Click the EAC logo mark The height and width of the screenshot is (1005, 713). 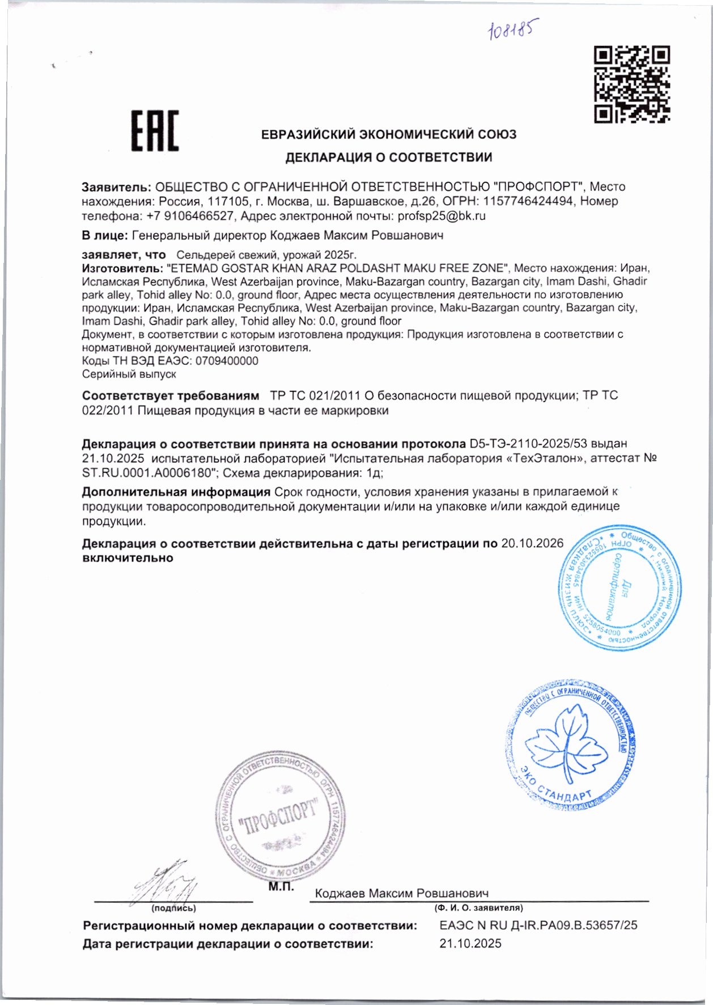click(155, 131)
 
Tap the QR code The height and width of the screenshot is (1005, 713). click(631, 84)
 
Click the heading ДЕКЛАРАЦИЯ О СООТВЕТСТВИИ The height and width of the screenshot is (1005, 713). click(388, 157)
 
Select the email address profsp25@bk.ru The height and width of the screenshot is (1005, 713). click(442, 216)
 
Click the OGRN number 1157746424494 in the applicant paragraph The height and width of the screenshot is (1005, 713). click(528, 201)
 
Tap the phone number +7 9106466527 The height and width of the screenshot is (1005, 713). click(190, 216)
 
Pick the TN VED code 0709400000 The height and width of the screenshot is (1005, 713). click(227, 361)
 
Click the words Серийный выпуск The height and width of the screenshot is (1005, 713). click(129, 374)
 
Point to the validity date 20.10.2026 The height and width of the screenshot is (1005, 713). click(532, 543)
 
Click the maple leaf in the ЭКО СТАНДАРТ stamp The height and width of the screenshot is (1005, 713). click(566, 743)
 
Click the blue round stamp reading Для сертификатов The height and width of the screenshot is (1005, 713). click(620, 587)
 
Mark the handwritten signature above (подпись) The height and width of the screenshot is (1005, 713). click(165, 884)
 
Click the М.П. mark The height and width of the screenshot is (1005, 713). click(281, 887)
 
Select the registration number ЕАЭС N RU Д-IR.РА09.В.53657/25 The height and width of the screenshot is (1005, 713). click(538, 925)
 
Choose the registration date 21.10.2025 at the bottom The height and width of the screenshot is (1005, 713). click(470, 943)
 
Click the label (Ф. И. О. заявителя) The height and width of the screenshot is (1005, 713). click(478, 908)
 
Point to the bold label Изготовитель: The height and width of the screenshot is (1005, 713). click(122, 268)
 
